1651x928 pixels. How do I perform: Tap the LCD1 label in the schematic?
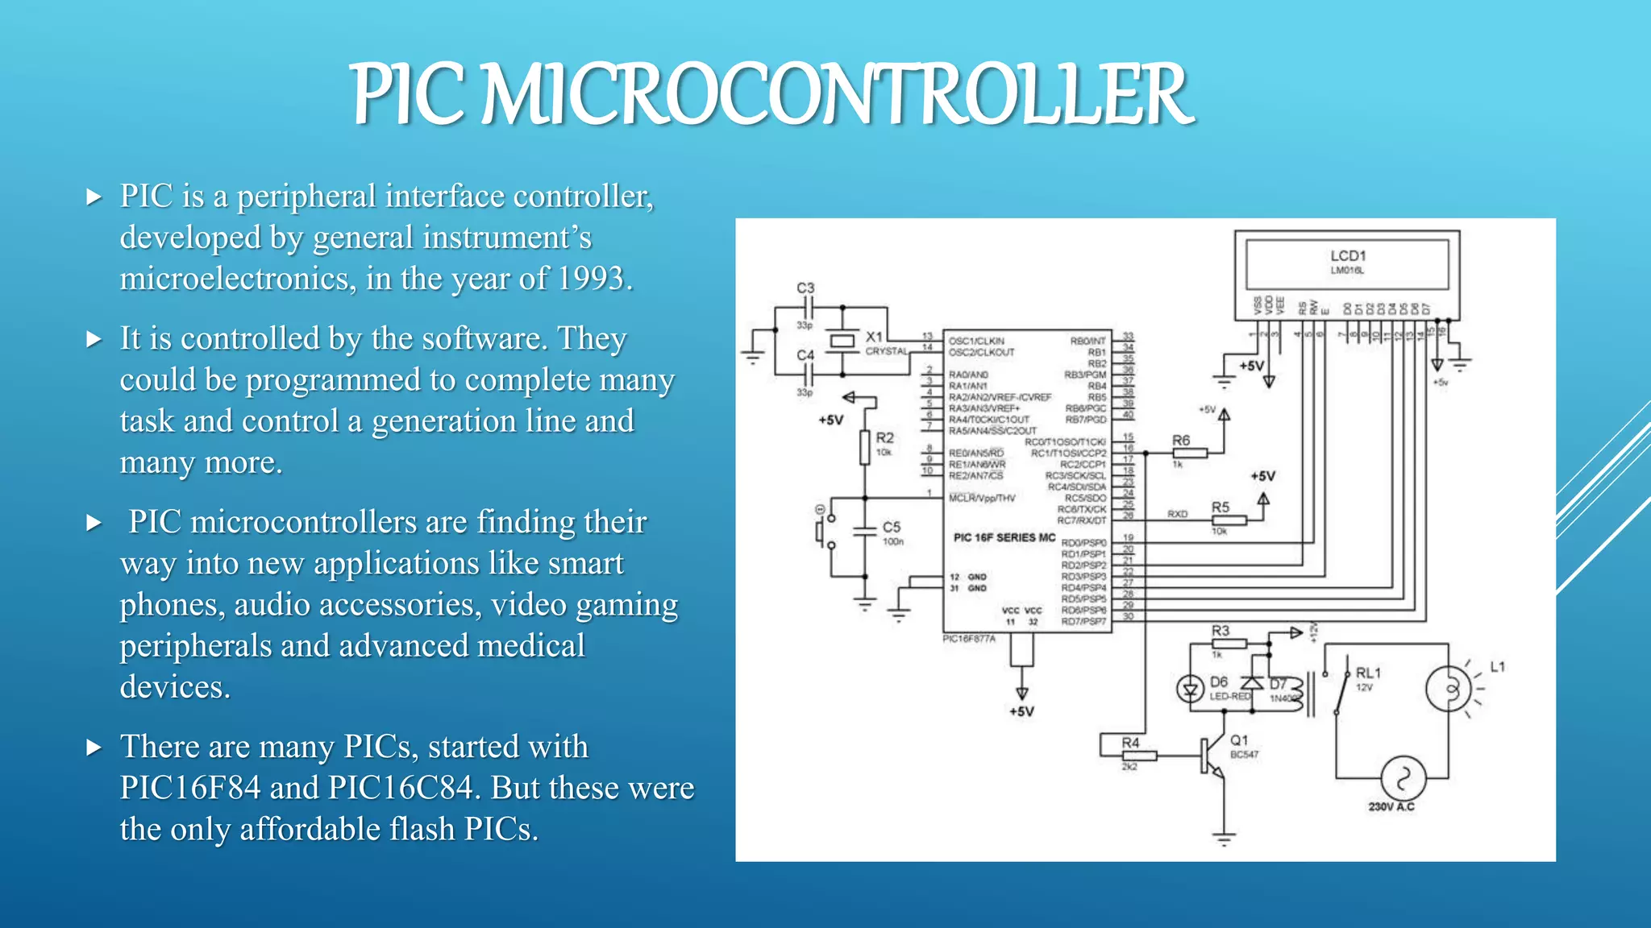click(x=1348, y=256)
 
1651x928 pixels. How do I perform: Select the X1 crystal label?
click(x=874, y=337)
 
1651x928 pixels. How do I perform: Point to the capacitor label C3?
click(x=805, y=288)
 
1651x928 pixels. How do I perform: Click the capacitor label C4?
click(x=805, y=355)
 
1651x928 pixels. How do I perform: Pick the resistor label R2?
click(x=884, y=438)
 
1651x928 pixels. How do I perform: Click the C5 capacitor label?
click(x=891, y=527)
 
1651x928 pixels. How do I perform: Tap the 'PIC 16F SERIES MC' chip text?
click(x=1004, y=537)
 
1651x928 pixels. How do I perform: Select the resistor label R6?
click(x=1180, y=441)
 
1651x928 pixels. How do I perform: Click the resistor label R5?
click(x=1220, y=507)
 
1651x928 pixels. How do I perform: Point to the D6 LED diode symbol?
click(x=1190, y=690)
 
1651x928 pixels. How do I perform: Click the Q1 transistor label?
click(x=1239, y=740)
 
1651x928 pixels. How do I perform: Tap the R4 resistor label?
click(x=1130, y=743)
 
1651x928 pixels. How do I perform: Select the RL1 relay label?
click(x=1368, y=673)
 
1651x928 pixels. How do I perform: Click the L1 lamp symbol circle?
click(x=1449, y=690)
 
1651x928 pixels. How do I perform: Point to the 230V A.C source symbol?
click(x=1403, y=778)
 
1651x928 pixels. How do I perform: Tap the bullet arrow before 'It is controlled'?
click(x=94, y=339)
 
